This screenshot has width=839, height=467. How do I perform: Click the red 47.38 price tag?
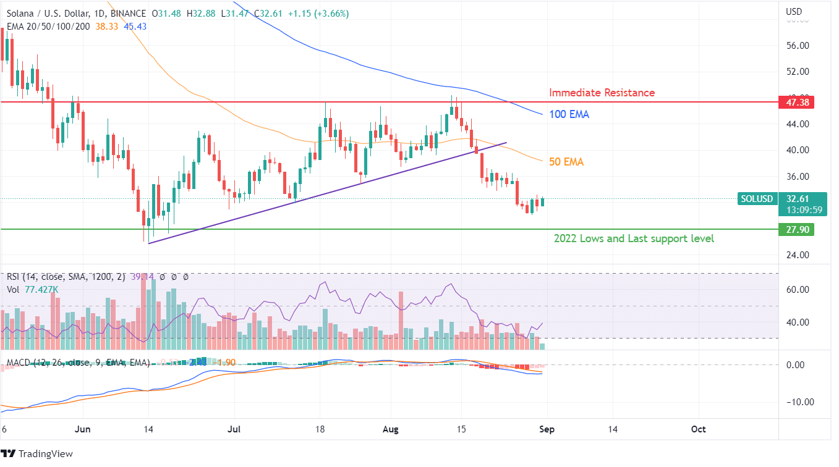click(x=796, y=103)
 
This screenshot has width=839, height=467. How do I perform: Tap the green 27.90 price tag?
click(x=796, y=230)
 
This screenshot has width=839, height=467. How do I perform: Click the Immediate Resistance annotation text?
click(x=602, y=93)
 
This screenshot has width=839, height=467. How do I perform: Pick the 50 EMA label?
click(x=566, y=162)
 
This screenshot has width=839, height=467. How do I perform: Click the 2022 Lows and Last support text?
click(x=634, y=238)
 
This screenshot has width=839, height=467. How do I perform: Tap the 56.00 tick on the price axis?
click(x=797, y=46)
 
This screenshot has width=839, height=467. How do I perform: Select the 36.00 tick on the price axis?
click(x=797, y=176)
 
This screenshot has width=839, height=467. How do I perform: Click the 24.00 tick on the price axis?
click(x=797, y=255)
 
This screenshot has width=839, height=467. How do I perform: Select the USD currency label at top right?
click(x=794, y=12)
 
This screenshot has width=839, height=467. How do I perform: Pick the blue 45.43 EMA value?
click(x=135, y=26)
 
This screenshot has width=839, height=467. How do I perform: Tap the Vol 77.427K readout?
click(x=32, y=288)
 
